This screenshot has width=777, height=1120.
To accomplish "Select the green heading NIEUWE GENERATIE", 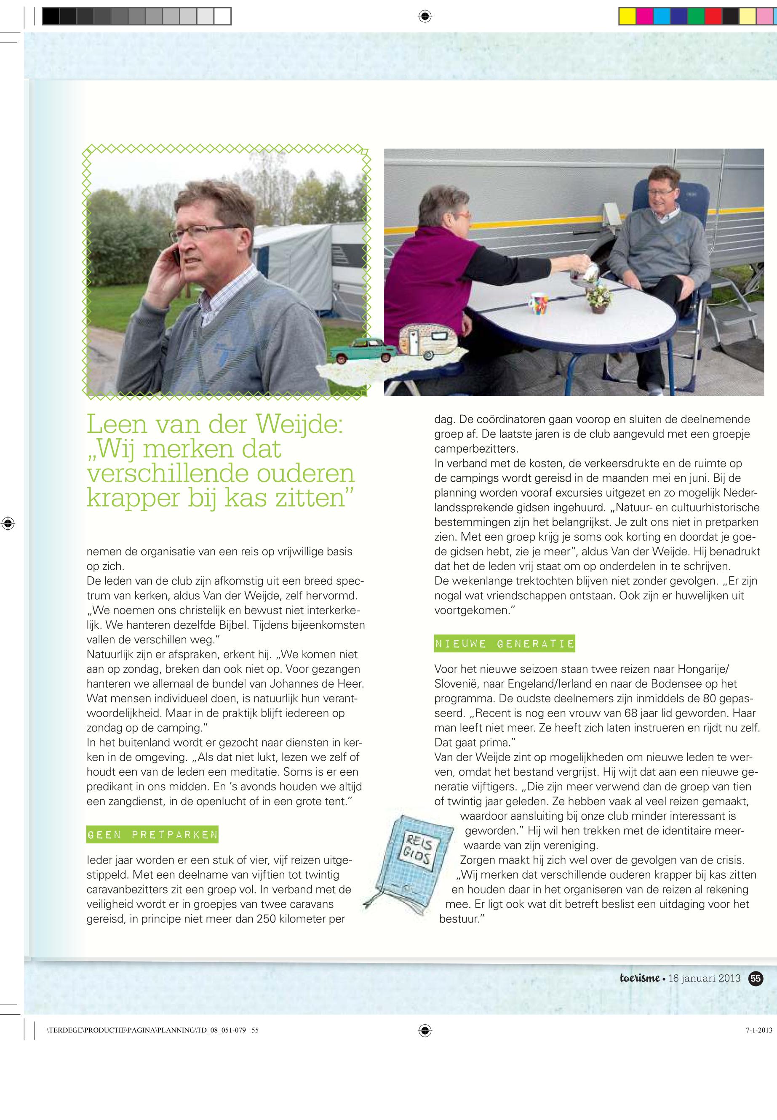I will click(505, 643).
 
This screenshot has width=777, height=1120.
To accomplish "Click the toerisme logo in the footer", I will click(640, 978).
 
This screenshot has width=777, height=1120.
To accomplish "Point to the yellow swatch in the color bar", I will click(627, 16).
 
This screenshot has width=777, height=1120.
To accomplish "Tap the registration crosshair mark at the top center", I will click(425, 16).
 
